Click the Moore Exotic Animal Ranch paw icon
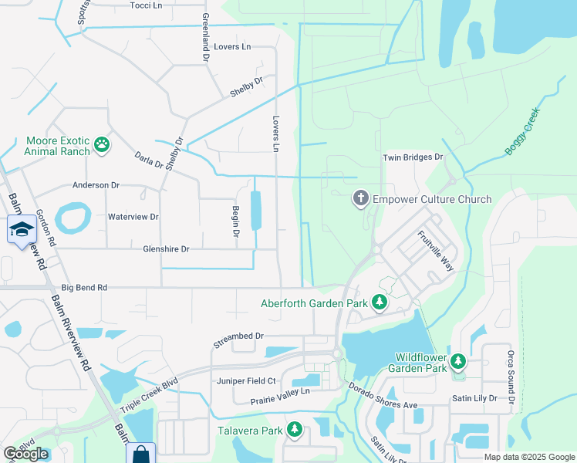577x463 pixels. click(101, 144)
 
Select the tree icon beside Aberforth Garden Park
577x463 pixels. click(379, 302)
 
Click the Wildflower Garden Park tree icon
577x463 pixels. click(458, 361)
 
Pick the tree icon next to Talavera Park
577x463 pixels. click(293, 429)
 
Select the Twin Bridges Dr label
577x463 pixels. click(413, 157)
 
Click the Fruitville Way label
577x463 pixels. click(436, 252)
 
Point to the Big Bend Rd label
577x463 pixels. click(86, 288)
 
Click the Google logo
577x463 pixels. click(26, 454)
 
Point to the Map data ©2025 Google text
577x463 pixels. click(529, 457)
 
